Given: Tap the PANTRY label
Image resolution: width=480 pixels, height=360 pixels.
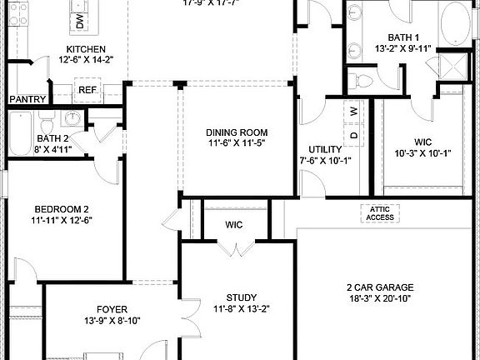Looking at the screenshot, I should pos(27,99).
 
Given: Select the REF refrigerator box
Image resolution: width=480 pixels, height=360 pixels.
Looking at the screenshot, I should pos(87,90).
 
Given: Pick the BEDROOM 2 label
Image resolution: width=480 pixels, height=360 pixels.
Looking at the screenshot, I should pos(62,209).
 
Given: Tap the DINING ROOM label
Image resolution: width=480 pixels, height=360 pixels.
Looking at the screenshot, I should pos(237,132).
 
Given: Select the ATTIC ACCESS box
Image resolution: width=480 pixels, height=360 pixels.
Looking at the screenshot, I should pos(379,213).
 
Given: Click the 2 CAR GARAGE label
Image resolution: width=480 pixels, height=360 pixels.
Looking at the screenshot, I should pos(380,287).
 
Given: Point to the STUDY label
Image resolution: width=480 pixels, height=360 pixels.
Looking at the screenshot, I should pos(241,297).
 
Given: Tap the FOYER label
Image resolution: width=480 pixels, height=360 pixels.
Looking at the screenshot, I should pos(112,307).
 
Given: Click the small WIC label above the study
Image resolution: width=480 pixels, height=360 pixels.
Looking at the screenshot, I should pos(234,224).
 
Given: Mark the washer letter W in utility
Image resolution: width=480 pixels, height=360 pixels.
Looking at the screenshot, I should pos(352,111).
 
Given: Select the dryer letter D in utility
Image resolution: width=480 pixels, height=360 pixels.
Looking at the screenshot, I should pos(352,133).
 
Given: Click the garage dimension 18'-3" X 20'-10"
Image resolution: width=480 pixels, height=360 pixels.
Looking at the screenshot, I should pos(380,298).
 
